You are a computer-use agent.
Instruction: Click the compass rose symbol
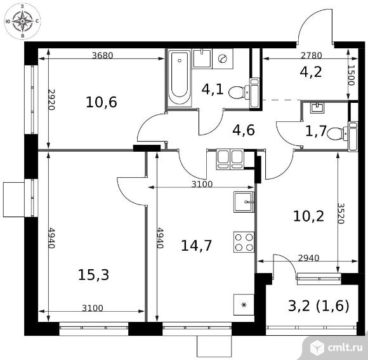tap(23, 23)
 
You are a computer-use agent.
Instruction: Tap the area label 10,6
tap(102, 102)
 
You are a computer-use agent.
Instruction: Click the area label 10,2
tap(308, 216)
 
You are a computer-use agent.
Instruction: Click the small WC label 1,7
tap(317, 132)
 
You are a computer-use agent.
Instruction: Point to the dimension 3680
tap(102, 55)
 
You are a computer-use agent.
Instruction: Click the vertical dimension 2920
tap(51, 100)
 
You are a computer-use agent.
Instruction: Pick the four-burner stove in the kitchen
tap(244, 242)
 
